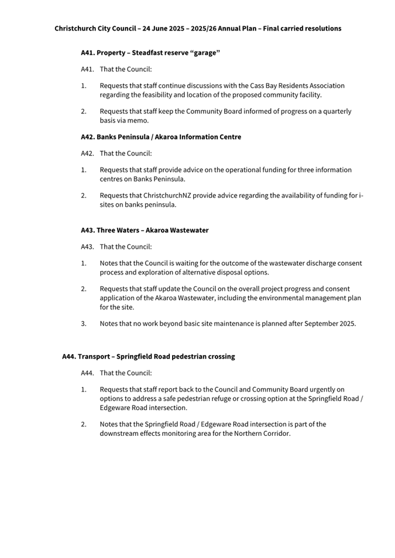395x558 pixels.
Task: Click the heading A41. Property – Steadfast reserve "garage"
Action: [x=150, y=53]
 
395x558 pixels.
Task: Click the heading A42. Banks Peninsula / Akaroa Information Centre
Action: [x=161, y=137]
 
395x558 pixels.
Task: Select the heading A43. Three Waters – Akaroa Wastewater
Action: [x=145, y=230]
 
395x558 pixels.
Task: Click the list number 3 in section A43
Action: [x=84, y=323]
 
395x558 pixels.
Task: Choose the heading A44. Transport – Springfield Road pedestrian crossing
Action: [x=148, y=356]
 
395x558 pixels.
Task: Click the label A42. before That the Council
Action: [x=88, y=153]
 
